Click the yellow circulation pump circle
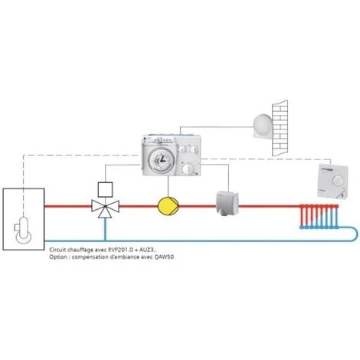[x=166, y=206]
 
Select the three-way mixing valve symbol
[x=102, y=207]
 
